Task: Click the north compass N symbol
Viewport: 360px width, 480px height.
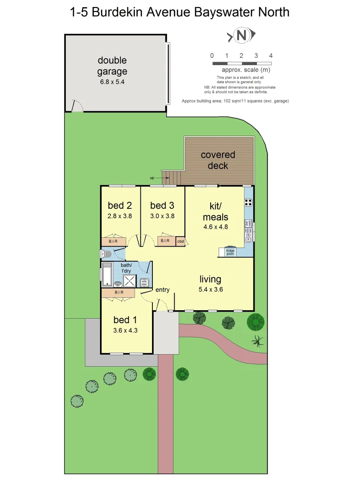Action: [242, 36]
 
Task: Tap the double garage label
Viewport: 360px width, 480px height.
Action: [112, 66]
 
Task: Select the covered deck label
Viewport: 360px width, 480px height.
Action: [218, 160]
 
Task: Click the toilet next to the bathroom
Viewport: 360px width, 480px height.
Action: [105, 254]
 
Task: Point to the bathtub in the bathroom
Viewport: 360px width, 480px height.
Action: [107, 274]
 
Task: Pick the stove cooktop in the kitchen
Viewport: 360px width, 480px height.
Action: [248, 202]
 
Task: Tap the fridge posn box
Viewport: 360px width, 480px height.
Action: [230, 252]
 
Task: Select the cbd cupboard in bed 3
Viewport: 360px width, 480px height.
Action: [180, 241]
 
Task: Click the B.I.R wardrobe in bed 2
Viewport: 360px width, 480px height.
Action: [114, 241]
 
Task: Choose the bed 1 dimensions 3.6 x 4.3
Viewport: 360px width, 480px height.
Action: [126, 330]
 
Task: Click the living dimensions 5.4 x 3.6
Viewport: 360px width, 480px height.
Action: [210, 289]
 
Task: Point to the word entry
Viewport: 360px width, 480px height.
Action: [162, 290]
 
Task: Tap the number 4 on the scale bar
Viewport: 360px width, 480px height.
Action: [271, 56]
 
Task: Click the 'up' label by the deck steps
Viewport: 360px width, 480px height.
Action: [152, 178]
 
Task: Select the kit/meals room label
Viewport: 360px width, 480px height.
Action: [216, 212]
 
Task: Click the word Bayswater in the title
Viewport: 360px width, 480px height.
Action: [223, 12]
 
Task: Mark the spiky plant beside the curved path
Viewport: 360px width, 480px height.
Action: [257, 341]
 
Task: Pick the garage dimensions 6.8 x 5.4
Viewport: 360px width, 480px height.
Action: [112, 82]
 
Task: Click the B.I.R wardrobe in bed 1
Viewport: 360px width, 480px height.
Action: [119, 293]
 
